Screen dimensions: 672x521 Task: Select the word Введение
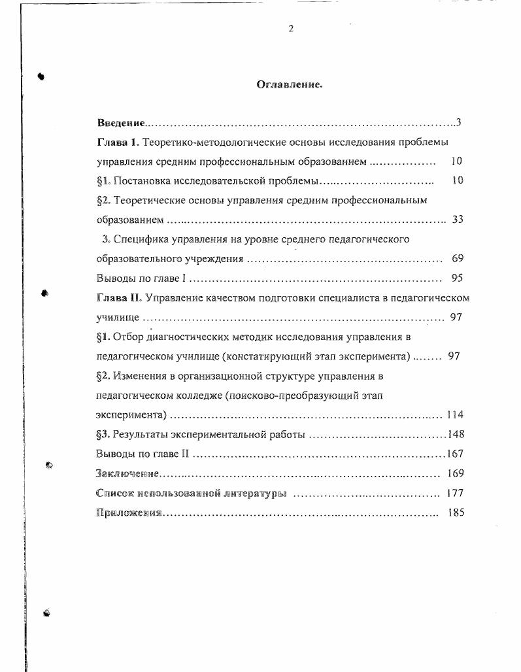point(121,123)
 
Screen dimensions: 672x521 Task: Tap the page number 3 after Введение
point(459,122)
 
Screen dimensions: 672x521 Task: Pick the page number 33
point(457,219)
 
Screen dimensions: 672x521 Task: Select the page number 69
point(457,258)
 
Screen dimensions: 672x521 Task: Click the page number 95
point(457,278)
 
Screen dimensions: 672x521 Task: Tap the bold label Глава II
point(118,297)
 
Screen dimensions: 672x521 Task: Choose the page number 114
point(454,414)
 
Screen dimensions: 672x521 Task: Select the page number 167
point(455,454)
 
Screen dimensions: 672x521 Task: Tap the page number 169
point(456,473)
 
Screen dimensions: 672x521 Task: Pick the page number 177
point(455,493)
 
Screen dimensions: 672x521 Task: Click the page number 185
point(456,512)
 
